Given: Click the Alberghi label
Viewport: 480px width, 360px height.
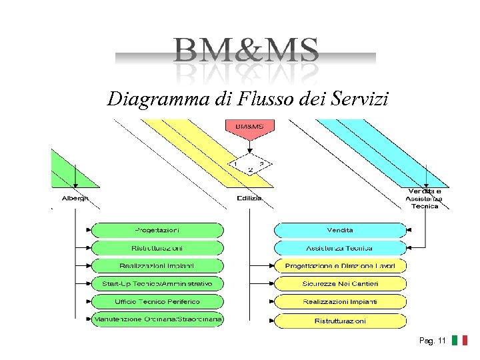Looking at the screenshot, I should tap(75, 198).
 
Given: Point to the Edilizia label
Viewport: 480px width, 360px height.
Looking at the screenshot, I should tap(249, 198).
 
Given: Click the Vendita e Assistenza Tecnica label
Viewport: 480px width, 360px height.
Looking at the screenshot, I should tap(425, 199).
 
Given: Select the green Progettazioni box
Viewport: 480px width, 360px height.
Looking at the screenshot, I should tap(157, 230).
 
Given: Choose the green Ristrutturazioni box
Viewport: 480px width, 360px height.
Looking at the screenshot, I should tap(157, 248).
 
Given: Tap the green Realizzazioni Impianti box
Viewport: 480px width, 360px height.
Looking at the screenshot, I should tap(157, 266).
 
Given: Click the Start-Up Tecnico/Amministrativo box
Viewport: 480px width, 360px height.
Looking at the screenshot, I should tap(157, 284).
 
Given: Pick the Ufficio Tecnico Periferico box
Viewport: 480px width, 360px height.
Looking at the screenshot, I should tap(157, 302).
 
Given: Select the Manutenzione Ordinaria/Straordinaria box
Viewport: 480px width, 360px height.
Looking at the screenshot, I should tap(157, 319).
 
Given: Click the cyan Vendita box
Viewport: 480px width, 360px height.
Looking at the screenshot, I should tap(340, 230).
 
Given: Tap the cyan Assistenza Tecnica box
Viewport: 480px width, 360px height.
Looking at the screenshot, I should tap(340, 248).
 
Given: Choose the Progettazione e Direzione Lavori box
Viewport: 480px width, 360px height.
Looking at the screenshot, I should tap(340, 266).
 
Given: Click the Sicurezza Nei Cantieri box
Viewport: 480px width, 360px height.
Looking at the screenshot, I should tap(340, 284).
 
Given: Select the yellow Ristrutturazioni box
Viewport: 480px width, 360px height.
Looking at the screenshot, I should tap(340, 321).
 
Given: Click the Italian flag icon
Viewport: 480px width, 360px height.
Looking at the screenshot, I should tap(459, 341).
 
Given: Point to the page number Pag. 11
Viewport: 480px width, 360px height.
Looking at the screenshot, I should tap(433, 341).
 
